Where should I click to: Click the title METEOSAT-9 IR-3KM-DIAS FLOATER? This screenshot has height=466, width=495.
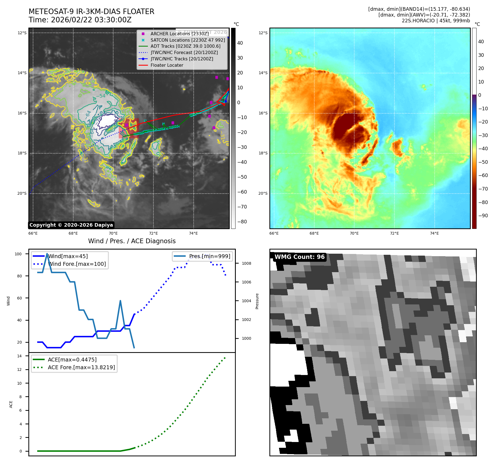(x=91, y=12)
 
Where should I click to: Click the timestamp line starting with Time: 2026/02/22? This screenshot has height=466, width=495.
(x=80, y=20)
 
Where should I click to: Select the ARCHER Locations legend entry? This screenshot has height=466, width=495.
(x=179, y=34)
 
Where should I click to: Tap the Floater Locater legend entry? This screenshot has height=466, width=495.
(x=167, y=65)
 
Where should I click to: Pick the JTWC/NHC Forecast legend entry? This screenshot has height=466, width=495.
(x=184, y=52)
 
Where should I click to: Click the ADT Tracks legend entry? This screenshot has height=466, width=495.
(x=185, y=46)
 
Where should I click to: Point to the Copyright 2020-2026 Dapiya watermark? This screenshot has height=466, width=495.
(x=71, y=225)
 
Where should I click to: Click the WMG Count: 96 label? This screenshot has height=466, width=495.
(x=299, y=257)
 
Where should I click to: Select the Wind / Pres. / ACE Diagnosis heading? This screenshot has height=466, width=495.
(x=132, y=241)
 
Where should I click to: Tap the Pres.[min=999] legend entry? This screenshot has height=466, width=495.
(x=209, y=256)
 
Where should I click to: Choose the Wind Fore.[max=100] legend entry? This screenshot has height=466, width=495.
(x=77, y=264)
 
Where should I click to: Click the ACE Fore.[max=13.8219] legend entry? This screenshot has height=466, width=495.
(x=81, y=367)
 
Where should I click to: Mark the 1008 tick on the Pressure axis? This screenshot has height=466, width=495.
(x=246, y=263)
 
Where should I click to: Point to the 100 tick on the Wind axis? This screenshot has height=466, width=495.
(x=18, y=254)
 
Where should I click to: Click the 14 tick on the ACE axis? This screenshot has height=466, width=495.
(x=19, y=356)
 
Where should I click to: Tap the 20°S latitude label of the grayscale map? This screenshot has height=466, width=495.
(x=22, y=193)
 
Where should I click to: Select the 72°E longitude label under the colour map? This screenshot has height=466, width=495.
(x=394, y=233)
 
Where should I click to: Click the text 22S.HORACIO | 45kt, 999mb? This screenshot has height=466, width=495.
(x=436, y=21)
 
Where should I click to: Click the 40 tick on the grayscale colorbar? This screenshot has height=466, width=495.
(x=240, y=43)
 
